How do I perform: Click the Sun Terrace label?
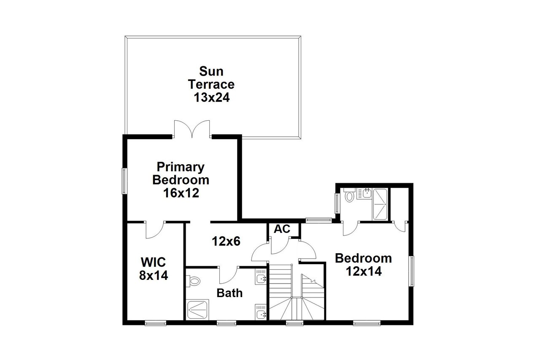click(x=211, y=76)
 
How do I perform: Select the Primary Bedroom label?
click(x=181, y=173)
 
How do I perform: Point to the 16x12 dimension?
click(x=181, y=193)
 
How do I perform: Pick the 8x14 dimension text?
click(x=154, y=276)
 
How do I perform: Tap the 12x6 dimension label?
click(x=226, y=241)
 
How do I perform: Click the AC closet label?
click(x=282, y=229)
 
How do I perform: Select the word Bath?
click(x=229, y=292)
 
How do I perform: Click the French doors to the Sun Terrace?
click(x=192, y=129)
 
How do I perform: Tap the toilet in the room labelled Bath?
click(x=194, y=281)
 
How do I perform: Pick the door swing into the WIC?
click(x=154, y=230)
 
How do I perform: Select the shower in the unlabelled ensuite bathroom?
click(x=381, y=204)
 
